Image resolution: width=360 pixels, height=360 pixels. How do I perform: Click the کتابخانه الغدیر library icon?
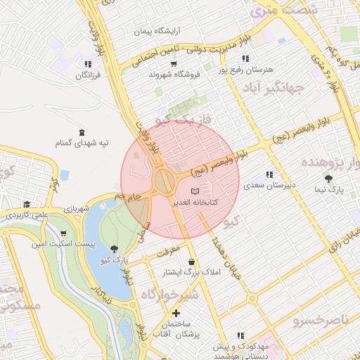coord(195,191)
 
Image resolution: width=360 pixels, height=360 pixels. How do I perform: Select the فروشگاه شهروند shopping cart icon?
coord(173,64)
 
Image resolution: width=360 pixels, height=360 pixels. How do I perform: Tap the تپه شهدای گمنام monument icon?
coord(82,132)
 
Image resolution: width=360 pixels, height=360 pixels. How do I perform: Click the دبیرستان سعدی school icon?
coord(269,175)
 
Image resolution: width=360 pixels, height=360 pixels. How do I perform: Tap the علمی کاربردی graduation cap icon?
coord(27,203)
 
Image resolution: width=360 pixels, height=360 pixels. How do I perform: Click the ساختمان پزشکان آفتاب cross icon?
coord(176,311)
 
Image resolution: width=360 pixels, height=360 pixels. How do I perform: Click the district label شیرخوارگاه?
coord(169,294)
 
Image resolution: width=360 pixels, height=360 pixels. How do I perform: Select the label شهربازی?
coord(77,210)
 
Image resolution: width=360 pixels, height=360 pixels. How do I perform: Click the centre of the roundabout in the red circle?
coord(166,182)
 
